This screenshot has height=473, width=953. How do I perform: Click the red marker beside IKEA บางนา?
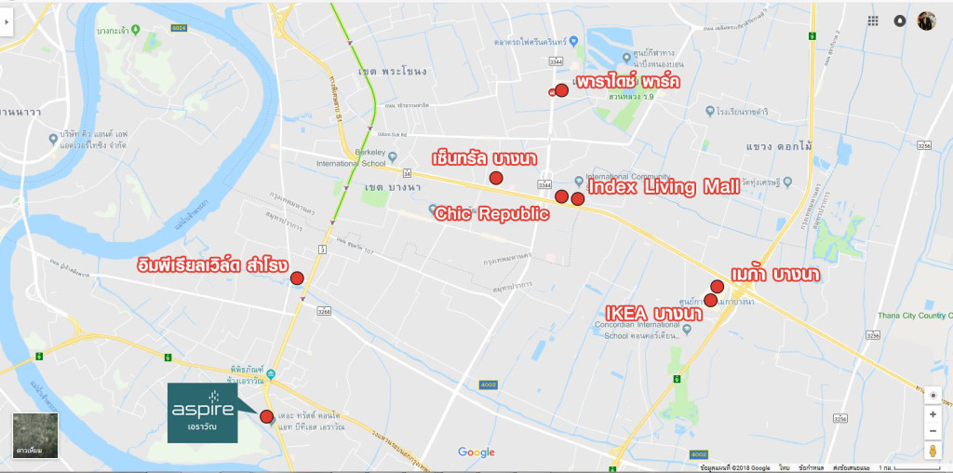pyautogui.click(x=710, y=300)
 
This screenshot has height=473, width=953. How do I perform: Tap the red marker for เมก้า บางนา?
pyautogui.click(x=717, y=286)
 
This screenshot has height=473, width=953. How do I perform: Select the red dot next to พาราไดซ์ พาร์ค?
pyautogui.click(x=561, y=89)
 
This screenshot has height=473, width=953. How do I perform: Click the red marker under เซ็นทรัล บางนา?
pyautogui.click(x=496, y=177)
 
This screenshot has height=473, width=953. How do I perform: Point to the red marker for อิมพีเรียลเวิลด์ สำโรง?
pyautogui.click(x=297, y=277)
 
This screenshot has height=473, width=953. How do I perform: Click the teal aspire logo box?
pyautogui.click(x=202, y=412)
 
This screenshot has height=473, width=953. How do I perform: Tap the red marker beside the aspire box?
pyautogui.click(x=267, y=416)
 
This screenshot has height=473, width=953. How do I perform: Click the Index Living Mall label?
pyautogui.click(x=664, y=187)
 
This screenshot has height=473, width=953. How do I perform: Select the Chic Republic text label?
pyautogui.click(x=491, y=214)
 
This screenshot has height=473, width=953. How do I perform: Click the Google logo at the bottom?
pyautogui.click(x=476, y=453)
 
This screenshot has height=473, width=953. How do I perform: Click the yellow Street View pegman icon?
pyautogui.click(x=933, y=451)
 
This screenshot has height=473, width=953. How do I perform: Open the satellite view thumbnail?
pyautogui.click(x=35, y=435)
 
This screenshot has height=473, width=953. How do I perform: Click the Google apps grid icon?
pyautogui.click(x=873, y=20)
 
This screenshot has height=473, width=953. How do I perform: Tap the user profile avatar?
pyautogui.click(x=926, y=20)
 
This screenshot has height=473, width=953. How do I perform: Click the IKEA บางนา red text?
pyautogui.click(x=652, y=313)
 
